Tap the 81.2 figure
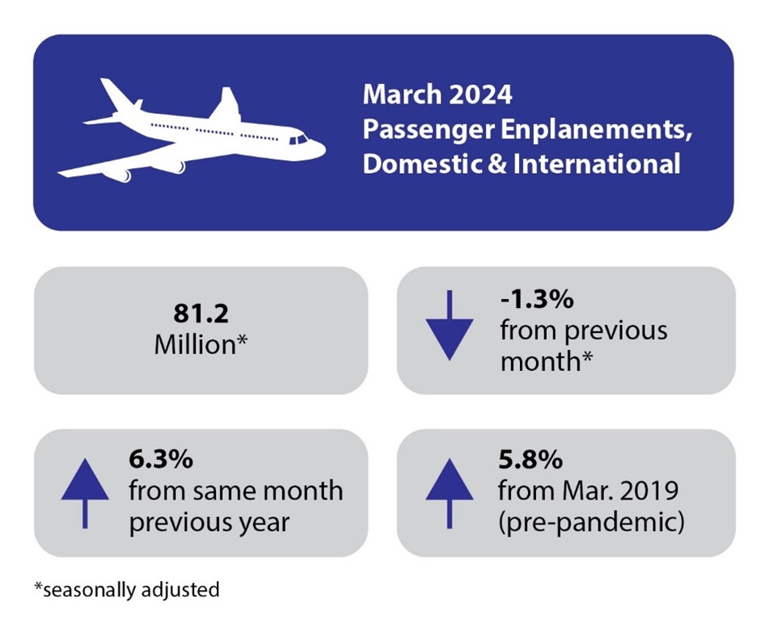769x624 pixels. click(x=201, y=315)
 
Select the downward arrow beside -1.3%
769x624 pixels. click(x=448, y=327)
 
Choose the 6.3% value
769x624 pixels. click(x=161, y=461)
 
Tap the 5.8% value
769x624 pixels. click(x=530, y=461)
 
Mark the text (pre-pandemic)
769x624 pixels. click(x=591, y=521)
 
